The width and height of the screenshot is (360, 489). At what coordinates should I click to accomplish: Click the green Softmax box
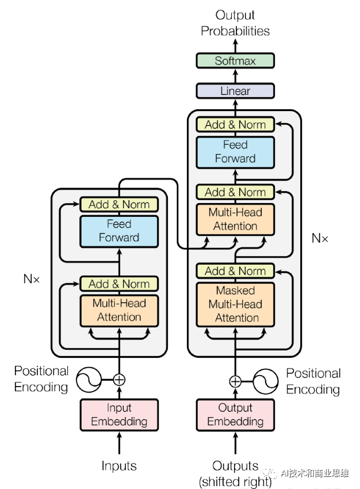click(235, 60)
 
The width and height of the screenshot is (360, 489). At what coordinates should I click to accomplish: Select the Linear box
click(235, 91)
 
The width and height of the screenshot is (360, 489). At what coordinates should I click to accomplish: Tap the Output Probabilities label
click(235, 22)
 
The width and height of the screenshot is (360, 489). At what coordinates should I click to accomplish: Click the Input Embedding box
click(119, 415)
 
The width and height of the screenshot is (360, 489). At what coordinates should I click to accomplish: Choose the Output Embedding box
click(235, 415)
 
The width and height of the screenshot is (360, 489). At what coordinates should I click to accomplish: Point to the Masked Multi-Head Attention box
click(235, 304)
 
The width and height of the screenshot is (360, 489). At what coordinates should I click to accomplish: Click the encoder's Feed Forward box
click(119, 231)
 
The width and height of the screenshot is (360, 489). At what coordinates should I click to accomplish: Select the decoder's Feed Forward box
click(235, 152)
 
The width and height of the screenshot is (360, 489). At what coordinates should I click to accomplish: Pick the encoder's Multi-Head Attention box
click(119, 310)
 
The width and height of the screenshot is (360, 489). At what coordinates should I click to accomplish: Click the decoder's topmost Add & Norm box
click(235, 124)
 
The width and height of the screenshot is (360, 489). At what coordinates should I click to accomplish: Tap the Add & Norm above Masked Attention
click(235, 271)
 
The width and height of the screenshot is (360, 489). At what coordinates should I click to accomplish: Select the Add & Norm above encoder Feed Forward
click(119, 204)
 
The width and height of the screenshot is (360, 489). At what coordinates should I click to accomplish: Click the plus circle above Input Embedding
click(119, 380)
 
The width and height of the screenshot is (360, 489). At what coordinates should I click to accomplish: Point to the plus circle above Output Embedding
click(235, 381)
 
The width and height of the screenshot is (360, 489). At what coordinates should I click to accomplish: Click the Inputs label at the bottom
click(119, 465)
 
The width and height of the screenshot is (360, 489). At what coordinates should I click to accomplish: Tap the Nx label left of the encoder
click(32, 278)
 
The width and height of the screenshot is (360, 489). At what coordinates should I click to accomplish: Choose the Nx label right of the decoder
click(320, 237)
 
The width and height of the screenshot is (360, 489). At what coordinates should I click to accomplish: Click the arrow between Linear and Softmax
click(235, 76)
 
